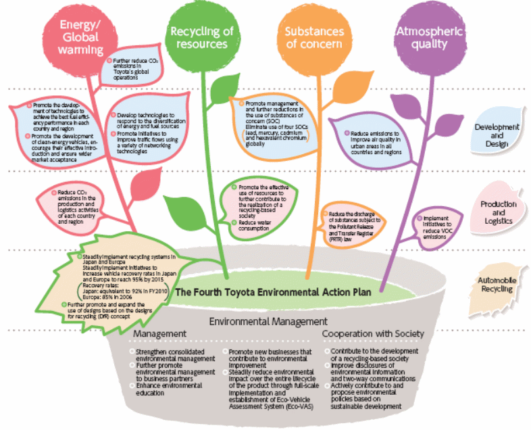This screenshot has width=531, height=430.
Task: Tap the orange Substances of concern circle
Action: coord(313,38)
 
